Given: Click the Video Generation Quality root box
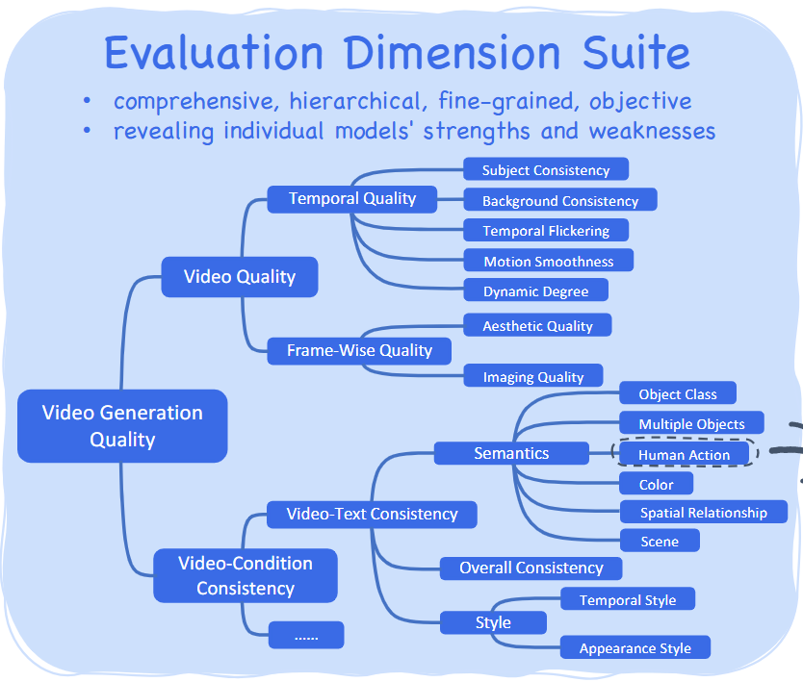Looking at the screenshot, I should pyautogui.click(x=122, y=426).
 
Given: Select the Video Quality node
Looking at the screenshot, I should pyautogui.click(x=239, y=277).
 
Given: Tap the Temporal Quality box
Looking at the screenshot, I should pyautogui.click(x=351, y=199).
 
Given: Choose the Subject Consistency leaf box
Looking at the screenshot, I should pyautogui.click(x=545, y=170).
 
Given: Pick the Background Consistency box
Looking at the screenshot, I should pyautogui.click(x=559, y=201).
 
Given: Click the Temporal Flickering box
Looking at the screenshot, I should pyautogui.click(x=545, y=231).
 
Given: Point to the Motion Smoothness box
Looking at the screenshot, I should pyautogui.click(x=548, y=261).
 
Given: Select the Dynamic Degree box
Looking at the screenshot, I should pyautogui.click(x=535, y=291).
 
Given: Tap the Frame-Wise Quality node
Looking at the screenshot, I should pyautogui.click(x=358, y=351).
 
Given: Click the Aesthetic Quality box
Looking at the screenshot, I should pyautogui.click(x=537, y=326).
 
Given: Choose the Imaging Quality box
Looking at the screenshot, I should pyautogui.click(x=532, y=377).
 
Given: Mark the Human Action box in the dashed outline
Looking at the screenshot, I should pyautogui.click(x=684, y=454).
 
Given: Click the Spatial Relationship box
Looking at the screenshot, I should pyautogui.click(x=703, y=513).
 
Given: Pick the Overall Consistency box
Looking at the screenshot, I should pyautogui.click(x=531, y=568).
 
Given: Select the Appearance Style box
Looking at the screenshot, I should pyautogui.click(x=635, y=648).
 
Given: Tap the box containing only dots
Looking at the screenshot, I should pyautogui.click(x=305, y=635).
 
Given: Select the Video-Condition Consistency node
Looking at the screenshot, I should pyautogui.click(x=245, y=575).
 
